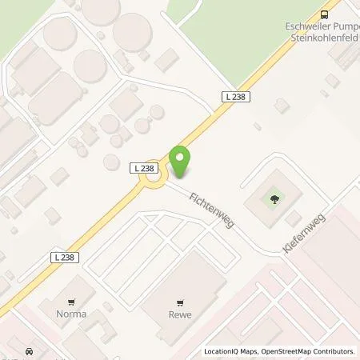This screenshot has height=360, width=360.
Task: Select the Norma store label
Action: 70,314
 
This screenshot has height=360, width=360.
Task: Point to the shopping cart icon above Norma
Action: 70,302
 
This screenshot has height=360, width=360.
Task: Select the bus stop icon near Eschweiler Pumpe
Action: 324,14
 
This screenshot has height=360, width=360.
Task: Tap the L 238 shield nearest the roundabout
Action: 144,167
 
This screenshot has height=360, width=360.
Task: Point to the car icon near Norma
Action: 29,352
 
